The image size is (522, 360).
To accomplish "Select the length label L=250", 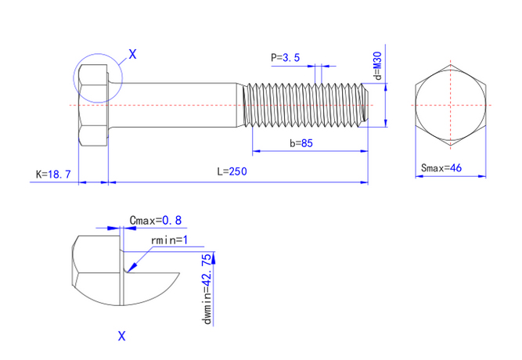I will (233, 172).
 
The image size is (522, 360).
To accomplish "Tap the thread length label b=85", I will (301, 143).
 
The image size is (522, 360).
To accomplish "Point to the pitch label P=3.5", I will (285, 57).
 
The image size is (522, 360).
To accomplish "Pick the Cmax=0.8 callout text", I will (160, 221).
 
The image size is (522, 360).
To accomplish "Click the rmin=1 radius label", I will (169, 239).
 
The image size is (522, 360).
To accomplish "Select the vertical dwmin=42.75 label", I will (206, 288).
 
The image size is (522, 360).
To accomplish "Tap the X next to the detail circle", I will (132, 54).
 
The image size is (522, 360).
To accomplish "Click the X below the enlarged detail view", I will (121, 337).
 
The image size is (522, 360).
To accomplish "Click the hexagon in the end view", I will (450, 103).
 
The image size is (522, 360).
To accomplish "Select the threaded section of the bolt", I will (305, 103).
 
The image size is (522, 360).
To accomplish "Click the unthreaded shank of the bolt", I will (172, 103).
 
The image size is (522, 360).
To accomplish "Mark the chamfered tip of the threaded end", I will (365, 103).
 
